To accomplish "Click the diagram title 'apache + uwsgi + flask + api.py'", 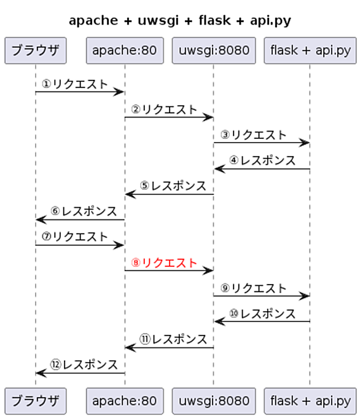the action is click(180, 21).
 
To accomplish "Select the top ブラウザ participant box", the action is click(36, 50).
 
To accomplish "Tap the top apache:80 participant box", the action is click(125, 50).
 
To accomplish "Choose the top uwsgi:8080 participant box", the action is click(214, 50).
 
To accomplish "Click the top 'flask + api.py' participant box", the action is click(310, 50).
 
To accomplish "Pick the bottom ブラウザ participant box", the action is click(36, 401).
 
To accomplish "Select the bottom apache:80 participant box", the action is click(125, 401).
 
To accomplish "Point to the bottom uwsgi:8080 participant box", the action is click(214, 401).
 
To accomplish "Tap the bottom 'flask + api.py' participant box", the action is click(310, 401).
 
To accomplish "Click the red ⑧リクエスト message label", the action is click(164, 263).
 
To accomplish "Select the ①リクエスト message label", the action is click(74, 84).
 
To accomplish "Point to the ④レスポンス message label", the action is click(262, 160).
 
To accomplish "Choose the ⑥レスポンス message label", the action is click(84, 211).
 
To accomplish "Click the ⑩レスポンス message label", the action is click(262, 313).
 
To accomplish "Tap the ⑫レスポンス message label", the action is click(84, 365).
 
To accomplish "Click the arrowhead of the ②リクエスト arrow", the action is click(208, 117).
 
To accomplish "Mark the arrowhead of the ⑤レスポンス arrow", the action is click(130, 194).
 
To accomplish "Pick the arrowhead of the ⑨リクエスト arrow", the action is click(304, 296).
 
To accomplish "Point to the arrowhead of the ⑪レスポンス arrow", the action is click(130, 348).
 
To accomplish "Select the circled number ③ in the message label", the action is click(225, 135).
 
